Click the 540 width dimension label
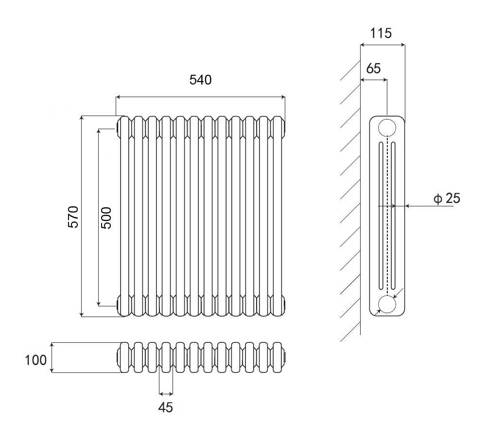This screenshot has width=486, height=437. click(x=200, y=80)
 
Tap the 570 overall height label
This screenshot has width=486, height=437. click(x=72, y=216)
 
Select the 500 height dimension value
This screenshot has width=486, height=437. click(x=106, y=218)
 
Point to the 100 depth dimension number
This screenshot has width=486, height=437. click(x=36, y=360)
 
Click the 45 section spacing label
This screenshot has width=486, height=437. click(x=166, y=407)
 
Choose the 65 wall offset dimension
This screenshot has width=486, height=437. click(x=373, y=68)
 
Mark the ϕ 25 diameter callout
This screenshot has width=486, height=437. click(x=445, y=198)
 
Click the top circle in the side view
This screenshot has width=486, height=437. click(x=387, y=127)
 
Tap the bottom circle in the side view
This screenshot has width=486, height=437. click(x=387, y=304)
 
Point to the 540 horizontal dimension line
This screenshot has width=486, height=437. click(x=200, y=97)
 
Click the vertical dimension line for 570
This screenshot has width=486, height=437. click(x=82, y=216)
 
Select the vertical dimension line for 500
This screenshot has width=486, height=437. click(x=98, y=218)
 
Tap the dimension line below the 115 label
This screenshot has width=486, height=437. click(x=382, y=46)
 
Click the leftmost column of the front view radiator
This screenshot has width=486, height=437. click(x=124, y=216)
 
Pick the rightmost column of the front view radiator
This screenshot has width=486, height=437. click(x=278, y=216)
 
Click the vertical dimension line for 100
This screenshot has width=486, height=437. click(x=52, y=358)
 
